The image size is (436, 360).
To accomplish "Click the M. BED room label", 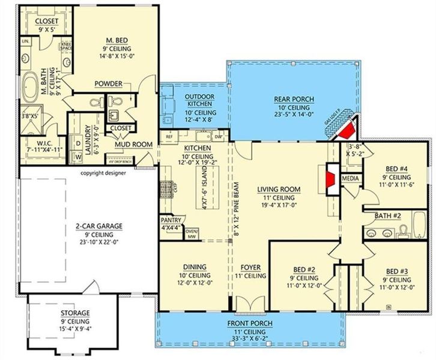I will click(x=115, y=40).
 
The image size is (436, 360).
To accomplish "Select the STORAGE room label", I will click(x=75, y=313).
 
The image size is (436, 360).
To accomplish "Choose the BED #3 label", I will click(x=396, y=272).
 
